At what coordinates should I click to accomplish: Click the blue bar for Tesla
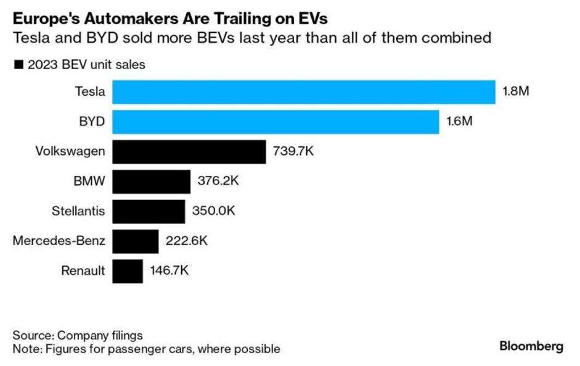point(304,92)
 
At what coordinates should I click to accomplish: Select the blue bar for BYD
point(276,122)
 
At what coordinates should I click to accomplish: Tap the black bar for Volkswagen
point(189,151)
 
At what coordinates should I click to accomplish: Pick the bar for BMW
point(152,181)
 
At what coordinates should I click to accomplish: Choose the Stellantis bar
point(149,211)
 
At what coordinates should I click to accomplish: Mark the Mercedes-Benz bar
point(136,241)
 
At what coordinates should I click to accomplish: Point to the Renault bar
point(128,270)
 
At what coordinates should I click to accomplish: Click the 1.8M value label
point(516,92)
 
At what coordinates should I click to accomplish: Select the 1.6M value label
point(459,122)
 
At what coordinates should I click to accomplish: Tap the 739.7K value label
point(293,151)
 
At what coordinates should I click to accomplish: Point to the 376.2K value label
point(218,181)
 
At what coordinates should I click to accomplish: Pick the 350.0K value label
point(213,211)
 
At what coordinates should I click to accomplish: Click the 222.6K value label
point(187,241)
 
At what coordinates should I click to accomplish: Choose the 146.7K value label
point(169,270)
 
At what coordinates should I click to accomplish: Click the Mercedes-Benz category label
point(59,241)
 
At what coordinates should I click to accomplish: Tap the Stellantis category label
point(78,211)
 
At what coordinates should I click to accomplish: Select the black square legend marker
point(18,64)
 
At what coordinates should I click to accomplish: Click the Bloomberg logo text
point(531,346)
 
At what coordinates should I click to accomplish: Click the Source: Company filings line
point(78,336)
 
